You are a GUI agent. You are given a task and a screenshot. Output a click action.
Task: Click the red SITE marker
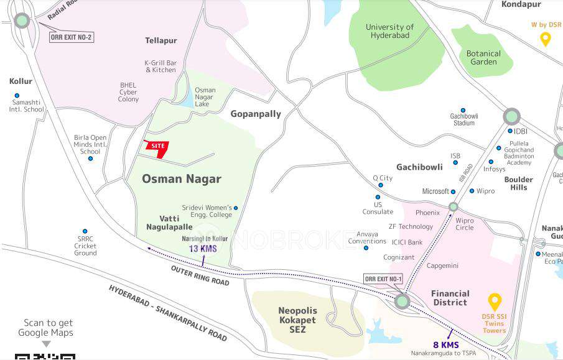coord(157,147)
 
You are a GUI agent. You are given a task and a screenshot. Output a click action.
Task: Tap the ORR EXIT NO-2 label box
coord(71,37)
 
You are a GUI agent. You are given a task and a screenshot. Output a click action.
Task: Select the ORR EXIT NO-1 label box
coord(383,279)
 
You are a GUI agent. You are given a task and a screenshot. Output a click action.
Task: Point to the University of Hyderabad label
coord(389,31)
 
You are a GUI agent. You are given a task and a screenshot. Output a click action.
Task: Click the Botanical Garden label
coord(483,58)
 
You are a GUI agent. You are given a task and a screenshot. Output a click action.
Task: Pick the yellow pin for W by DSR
coord(545,40)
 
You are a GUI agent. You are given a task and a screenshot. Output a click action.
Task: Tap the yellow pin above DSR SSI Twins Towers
coord(495,302)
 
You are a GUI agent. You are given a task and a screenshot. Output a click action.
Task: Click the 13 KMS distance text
coord(203,249)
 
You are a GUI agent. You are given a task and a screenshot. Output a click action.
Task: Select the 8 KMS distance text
coord(446,345)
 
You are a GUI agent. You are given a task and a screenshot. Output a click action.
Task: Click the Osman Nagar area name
coord(182,179)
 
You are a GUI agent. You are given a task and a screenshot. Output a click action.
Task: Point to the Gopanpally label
coord(256,114)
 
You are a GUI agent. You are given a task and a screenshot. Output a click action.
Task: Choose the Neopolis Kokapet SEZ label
coord(297,320)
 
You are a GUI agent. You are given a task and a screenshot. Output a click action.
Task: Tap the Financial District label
coord(450,298)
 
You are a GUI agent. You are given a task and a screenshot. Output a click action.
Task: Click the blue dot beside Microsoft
coord(453,192)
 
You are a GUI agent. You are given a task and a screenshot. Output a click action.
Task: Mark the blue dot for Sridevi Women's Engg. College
coord(235,208)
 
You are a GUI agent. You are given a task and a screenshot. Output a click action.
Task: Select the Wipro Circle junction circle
coord(454,207)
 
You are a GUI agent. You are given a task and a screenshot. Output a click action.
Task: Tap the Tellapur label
coord(161,40)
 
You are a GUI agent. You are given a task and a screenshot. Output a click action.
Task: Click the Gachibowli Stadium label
coord(463,119)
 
